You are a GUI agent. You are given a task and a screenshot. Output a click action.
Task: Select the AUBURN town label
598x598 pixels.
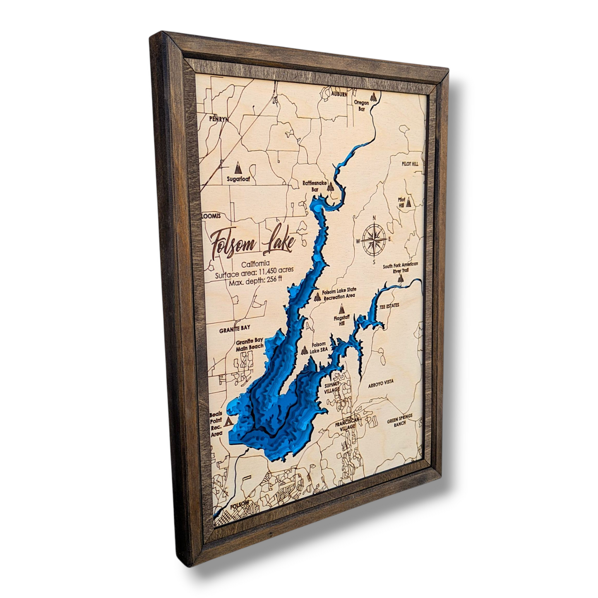pos(339,94)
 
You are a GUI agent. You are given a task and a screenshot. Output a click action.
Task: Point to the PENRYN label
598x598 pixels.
pos(219,119)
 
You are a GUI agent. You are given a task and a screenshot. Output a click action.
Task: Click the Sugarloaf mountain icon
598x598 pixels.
pos(238,167)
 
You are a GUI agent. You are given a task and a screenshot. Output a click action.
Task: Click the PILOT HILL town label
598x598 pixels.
pos(410,164)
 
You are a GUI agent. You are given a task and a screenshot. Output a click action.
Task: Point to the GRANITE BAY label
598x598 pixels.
pos(235,328)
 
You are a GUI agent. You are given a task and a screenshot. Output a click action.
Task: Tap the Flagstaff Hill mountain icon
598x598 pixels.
pos(342,309)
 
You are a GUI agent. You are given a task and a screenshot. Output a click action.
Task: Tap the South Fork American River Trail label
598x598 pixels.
pos(401,267)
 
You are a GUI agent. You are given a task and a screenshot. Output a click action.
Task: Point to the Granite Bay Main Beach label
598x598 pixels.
pos(250,344)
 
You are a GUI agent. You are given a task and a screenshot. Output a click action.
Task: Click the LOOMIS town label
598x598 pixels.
pos(211,216)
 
